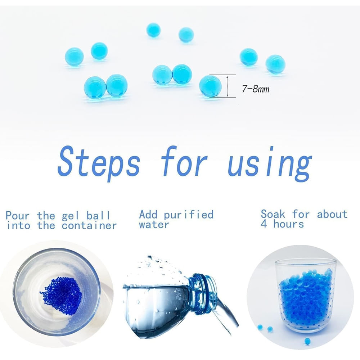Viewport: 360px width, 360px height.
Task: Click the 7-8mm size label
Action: pyautogui.click(x=256, y=89)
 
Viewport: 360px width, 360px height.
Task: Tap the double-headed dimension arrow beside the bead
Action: pyautogui.click(x=228, y=86)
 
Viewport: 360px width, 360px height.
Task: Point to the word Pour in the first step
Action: pyautogui.click(x=18, y=216)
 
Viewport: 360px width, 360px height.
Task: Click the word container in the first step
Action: pyautogui.click(x=89, y=226)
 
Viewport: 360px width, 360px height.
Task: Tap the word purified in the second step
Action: pyautogui.click(x=189, y=215)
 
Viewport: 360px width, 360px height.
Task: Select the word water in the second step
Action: pyautogui.click(x=154, y=224)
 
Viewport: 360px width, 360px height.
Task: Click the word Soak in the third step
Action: pyautogui.click(x=273, y=214)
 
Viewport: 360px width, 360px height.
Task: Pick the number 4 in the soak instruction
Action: pyautogui.click(x=264, y=224)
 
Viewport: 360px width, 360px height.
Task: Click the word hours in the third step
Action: pyautogui.click(x=289, y=224)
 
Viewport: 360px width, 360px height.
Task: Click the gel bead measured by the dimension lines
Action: pyautogui.click(x=210, y=86)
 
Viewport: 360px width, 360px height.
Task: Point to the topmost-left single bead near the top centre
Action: pyautogui.click(x=153, y=30)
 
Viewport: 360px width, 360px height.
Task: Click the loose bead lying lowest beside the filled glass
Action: pyautogui.click(x=307, y=341)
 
